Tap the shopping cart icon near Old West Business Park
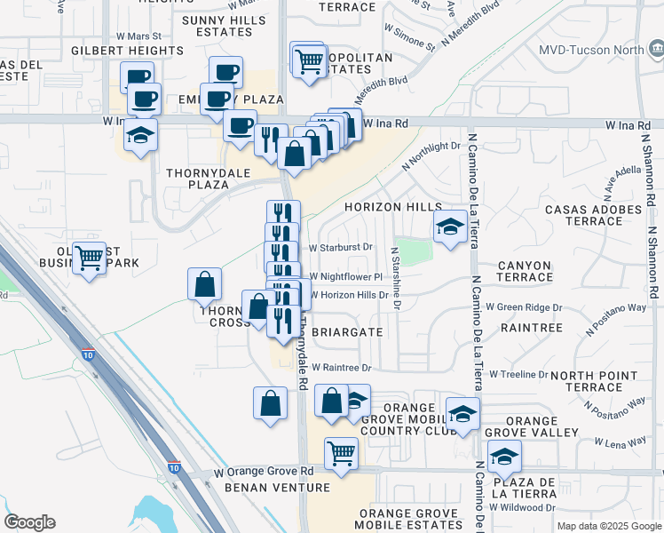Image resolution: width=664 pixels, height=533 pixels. (89, 259)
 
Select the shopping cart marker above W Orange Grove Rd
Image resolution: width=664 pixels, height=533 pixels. (341, 454)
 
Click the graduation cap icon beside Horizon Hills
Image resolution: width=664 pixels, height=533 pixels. (450, 227)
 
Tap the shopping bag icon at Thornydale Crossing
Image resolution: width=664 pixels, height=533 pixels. (205, 284)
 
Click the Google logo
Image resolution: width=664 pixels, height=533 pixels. (29, 522)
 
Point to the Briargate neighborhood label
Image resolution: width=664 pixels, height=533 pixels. (348, 332)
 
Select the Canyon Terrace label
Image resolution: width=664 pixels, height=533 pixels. (525, 273)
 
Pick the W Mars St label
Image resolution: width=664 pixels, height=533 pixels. (138, 36)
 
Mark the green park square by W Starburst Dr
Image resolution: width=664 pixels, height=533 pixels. (414, 251)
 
